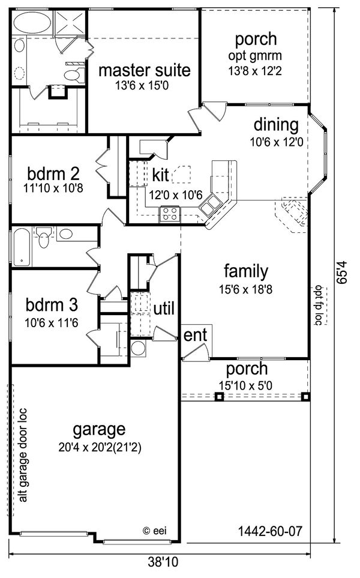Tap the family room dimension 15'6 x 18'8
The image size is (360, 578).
point(245,289)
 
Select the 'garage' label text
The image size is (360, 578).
point(99,429)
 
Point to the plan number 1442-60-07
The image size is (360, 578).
point(270,531)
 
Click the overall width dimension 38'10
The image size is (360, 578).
point(163,562)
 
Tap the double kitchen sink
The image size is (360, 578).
point(209,208)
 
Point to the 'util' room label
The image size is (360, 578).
point(164,309)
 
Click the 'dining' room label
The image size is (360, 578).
point(275,125)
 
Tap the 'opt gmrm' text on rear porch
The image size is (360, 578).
point(256,56)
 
